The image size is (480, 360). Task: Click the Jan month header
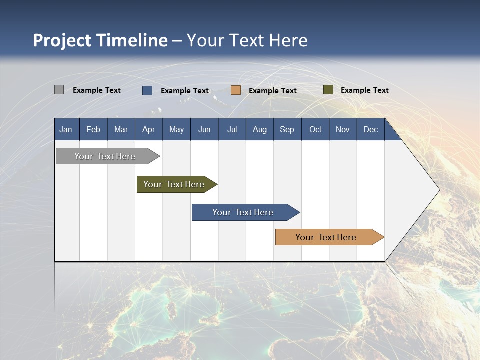click(x=66, y=129)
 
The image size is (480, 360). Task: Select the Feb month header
click(x=93, y=129)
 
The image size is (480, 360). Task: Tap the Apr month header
click(x=148, y=129)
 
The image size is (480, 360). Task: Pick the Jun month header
click(x=204, y=129)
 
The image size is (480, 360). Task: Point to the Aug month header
click(x=259, y=129)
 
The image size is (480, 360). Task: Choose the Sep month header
click(x=287, y=129)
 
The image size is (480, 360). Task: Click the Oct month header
click(x=315, y=129)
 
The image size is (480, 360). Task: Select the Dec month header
click(x=370, y=129)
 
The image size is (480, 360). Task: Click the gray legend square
click(x=59, y=90)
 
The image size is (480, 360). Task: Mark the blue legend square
click(x=147, y=90)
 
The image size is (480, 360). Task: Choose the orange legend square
click(x=236, y=90)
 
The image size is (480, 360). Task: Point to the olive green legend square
click(x=328, y=90)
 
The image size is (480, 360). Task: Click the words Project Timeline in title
click(x=100, y=40)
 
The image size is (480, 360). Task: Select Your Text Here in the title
click(x=247, y=40)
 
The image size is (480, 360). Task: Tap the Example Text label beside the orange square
click(x=272, y=91)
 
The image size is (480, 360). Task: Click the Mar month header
click(x=121, y=129)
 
